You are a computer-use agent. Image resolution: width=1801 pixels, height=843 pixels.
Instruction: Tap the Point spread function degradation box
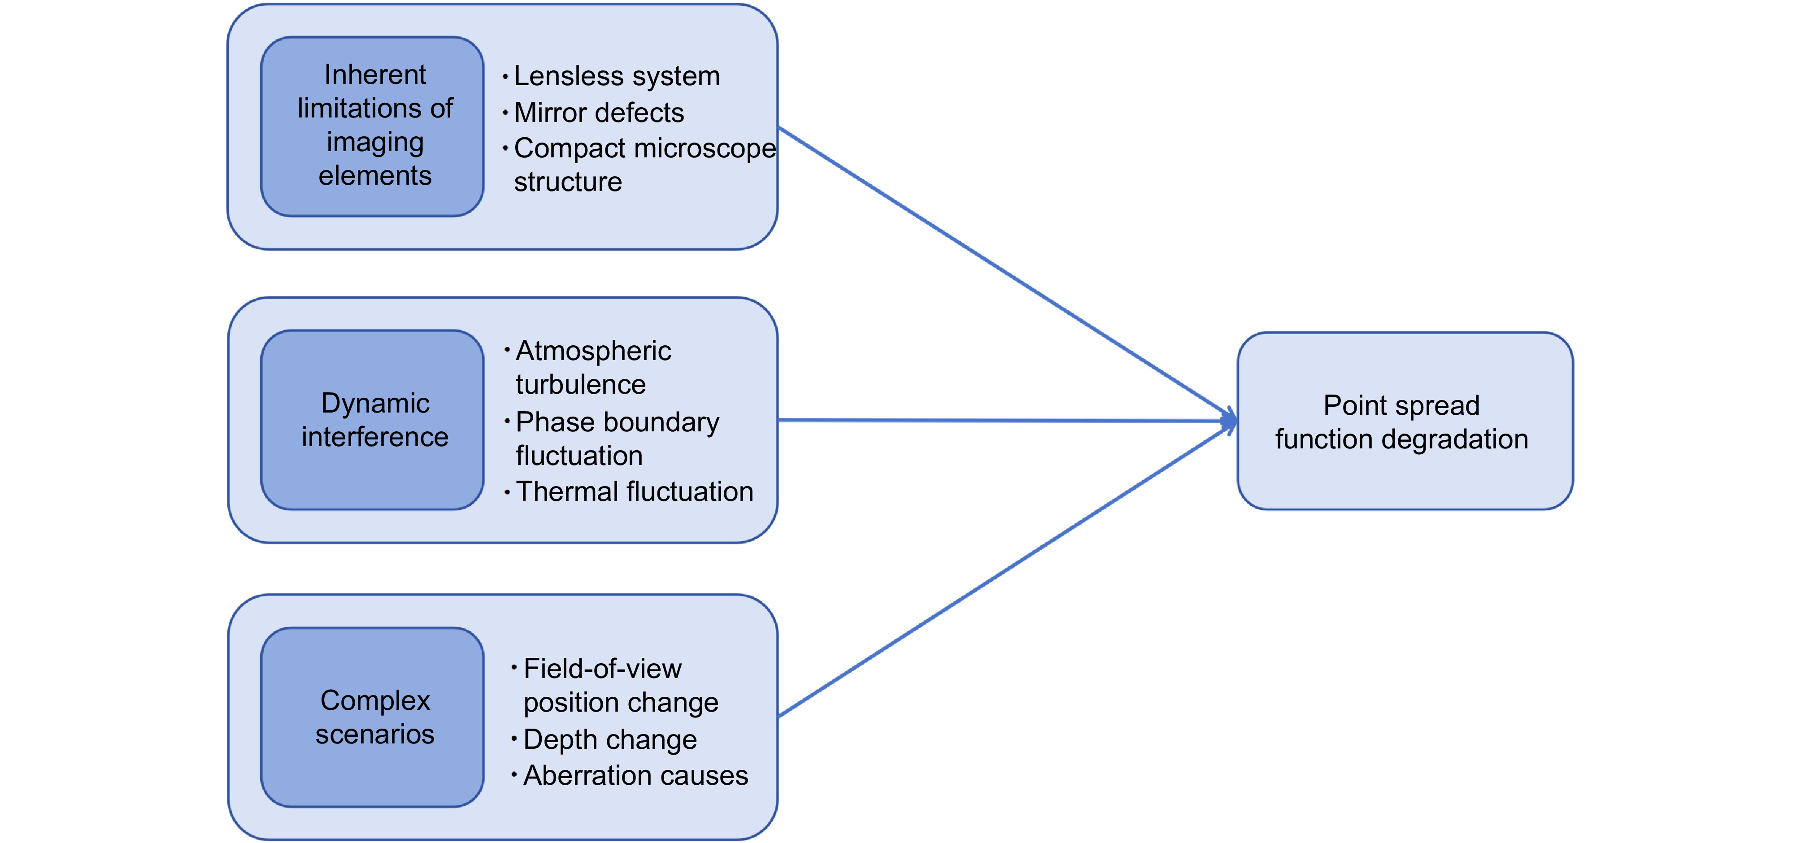tap(1405, 421)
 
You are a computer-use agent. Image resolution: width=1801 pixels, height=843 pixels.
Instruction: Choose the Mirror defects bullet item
tap(599, 113)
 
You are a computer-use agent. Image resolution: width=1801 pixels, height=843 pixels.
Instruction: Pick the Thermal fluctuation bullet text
tap(634, 492)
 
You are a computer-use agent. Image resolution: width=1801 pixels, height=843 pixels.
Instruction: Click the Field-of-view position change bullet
tap(620, 686)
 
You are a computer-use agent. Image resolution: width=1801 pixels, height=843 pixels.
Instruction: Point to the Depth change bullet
tap(609, 739)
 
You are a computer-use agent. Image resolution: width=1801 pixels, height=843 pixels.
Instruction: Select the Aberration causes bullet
tap(635, 776)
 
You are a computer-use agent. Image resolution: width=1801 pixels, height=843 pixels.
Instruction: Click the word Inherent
tap(375, 75)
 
